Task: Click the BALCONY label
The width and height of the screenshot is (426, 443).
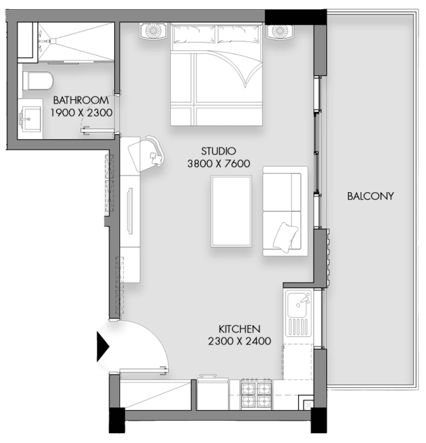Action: click(x=370, y=196)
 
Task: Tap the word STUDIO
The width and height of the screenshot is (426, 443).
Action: click(x=218, y=151)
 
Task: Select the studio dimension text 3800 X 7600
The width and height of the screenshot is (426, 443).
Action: click(x=219, y=164)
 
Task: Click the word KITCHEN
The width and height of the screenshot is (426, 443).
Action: click(x=239, y=329)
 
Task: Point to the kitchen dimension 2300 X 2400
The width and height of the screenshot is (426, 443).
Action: click(x=240, y=341)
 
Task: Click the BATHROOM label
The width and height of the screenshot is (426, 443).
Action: click(x=80, y=100)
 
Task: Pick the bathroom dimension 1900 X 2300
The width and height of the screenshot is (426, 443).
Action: click(x=81, y=112)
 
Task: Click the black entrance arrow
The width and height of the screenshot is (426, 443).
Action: click(x=103, y=346)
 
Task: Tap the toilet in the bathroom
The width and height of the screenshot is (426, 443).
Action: click(x=38, y=81)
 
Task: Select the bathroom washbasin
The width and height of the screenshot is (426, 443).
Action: click(x=29, y=119)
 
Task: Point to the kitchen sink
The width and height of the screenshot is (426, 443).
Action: click(x=299, y=313)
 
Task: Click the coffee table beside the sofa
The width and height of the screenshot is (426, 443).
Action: click(x=231, y=211)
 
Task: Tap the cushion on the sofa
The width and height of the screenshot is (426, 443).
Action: click(x=285, y=237)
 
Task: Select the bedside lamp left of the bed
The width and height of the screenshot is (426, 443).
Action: click(x=154, y=31)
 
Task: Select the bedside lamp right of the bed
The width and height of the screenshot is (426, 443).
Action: click(x=281, y=31)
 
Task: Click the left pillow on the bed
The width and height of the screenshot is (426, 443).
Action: click(x=194, y=34)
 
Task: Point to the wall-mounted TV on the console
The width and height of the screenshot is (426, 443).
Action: click(x=130, y=211)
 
